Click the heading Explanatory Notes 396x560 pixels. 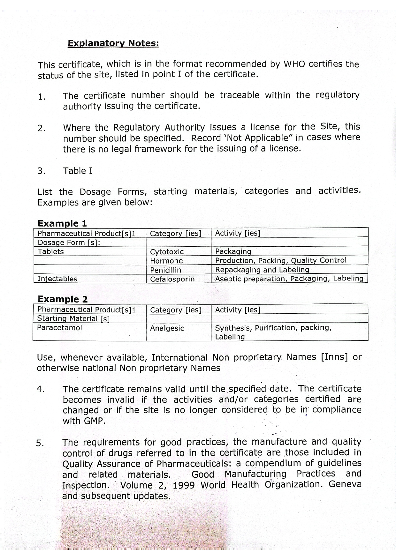pos(113,43)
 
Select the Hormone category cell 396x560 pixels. pos(166,261)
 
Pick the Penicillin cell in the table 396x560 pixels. pos(165,270)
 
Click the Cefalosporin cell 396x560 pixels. pos(172,279)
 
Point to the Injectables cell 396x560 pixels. pos(57,279)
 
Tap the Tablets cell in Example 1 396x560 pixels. pos(51,251)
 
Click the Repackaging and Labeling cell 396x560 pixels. pos(262,270)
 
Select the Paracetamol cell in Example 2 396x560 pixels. pos(59,328)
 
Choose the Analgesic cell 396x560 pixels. pos(167,328)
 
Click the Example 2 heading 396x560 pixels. pos(63,299)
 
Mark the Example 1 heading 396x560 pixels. pos(62,223)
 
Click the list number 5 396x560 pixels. pos(40,443)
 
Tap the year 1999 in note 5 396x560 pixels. pos(184,485)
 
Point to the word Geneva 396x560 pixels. pos(345,484)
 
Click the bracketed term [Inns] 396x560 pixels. pos(334,357)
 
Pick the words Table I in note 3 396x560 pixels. pos(78,171)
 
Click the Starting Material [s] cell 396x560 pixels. pos(73,318)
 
